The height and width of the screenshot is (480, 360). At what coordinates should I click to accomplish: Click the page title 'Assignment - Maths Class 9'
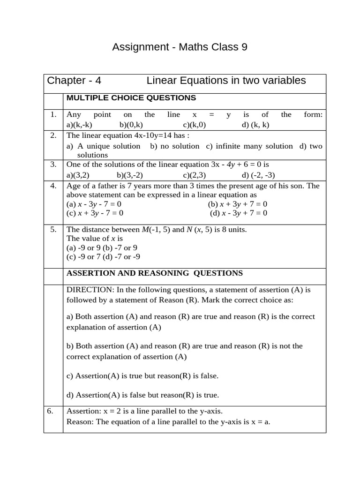coord(180,47)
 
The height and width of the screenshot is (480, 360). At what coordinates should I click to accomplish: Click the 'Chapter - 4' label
coord(74,81)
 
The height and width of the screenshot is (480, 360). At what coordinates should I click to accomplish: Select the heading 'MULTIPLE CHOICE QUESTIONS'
coord(131,98)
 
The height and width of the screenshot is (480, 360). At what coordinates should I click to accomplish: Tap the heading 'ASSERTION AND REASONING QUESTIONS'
coord(155,273)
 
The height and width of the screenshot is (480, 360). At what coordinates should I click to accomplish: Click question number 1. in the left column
coord(53,115)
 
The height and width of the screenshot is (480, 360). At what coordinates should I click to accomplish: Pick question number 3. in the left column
coord(53,164)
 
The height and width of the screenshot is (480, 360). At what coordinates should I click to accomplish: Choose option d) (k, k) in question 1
coord(255,125)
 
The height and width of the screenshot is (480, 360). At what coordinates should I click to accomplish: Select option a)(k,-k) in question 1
coord(80,125)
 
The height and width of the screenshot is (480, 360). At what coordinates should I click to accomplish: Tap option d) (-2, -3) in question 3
coord(258,175)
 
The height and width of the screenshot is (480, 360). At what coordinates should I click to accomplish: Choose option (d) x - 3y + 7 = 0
coord(239,213)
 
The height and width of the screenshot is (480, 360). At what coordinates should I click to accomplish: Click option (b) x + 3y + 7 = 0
coord(238,204)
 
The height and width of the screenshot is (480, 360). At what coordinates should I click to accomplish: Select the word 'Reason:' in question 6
coord(79,422)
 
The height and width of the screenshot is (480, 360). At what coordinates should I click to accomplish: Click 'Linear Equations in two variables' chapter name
coord(226,81)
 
